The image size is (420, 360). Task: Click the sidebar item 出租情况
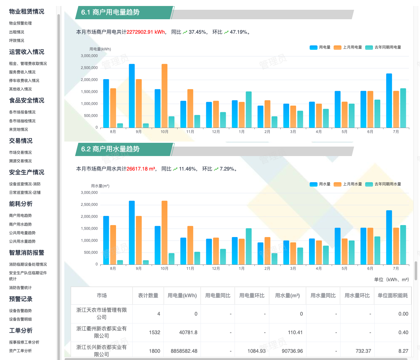pyautogui.click(x=16, y=32)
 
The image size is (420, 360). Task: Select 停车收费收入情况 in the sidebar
pyautogui.click(x=24, y=80)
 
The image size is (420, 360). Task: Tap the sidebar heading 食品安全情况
pyautogui.click(x=26, y=100)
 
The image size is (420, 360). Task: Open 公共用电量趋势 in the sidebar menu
pyautogui.click(x=22, y=233)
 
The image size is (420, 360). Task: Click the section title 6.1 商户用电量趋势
pyautogui.click(x=110, y=12)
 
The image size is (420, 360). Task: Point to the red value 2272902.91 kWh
pyautogui.click(x=145, y=32)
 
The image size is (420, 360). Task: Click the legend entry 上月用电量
pyautogui.click(x=348, y=47)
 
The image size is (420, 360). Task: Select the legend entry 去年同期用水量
pyautogui.click(x=383, y=184)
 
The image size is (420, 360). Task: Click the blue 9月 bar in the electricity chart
pyautogui.click(x=132, y=96)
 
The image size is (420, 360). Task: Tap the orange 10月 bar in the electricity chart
pyautogui.click(x=164, y=96)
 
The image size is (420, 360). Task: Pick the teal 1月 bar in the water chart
pyautogui.click(x=248, y=247)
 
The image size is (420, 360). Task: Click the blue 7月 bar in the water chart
pyautogui.click(x=389, y=237)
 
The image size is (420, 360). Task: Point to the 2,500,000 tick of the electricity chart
pyautogui.click(x=89, y=68)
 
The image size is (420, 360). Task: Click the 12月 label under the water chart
pyautogui.click(x=216, y=269)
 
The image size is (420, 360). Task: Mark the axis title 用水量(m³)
pyautogui.click(x=100, y=186)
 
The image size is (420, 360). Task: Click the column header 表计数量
pyautogui.click(x=148, y=296)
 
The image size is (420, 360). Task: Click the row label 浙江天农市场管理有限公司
pyautogui.click(x=102, y=313)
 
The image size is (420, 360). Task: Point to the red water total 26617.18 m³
pyautogui.click(x=141, y=169)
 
